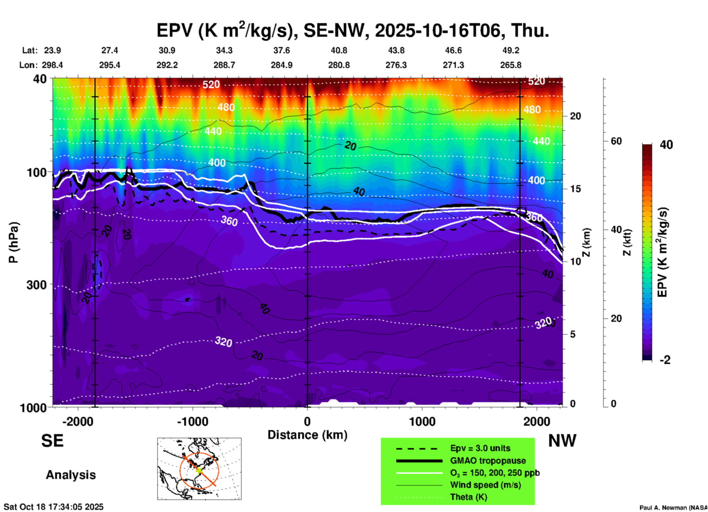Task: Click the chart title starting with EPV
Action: [353, 30]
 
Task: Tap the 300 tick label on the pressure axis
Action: [37, 285]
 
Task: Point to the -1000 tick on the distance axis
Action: [193, 421]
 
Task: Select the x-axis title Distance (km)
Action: [307, 435]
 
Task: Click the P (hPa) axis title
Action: [14, 242]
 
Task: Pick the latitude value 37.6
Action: [282, 50]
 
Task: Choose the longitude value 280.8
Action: [339, 65]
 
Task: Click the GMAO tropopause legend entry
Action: [488, 461]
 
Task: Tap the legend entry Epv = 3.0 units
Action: [480, 448]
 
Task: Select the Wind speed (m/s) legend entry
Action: [485, 485]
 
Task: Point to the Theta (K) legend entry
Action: [468, 497]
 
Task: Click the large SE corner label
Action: [53, 440]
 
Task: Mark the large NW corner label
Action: [562, 440]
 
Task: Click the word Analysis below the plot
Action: [71, 475]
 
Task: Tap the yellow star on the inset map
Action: [199, 470]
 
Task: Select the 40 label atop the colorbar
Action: [666, 145]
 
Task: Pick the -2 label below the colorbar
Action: [665, 360]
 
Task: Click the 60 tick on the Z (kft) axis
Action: [616, 141]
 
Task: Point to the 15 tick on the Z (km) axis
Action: [575, 189]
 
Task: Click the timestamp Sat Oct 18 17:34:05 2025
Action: [54, 507]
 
